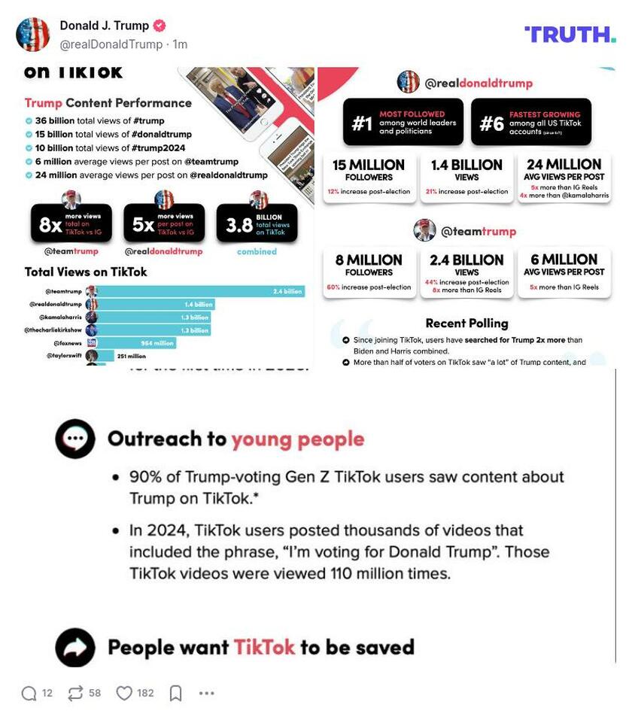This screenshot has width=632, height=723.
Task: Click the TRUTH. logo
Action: pos(570,34)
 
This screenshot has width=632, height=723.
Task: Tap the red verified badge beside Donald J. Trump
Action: pos(159,26)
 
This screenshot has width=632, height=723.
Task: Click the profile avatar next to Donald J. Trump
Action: pos(32,34)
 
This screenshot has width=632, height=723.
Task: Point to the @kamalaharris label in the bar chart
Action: pos(56,317)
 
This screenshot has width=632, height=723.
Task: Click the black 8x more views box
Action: pos(71,223)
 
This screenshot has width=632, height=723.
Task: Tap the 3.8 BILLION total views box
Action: pos(257,223)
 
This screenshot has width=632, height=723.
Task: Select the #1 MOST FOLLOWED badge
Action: pos(403,123)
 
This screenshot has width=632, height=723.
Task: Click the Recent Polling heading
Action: pos(466,324)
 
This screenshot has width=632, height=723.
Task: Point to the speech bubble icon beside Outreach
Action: pos(75,439)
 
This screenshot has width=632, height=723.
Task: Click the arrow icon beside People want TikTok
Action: pos(75,648)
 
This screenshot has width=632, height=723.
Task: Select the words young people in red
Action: pos(297,439)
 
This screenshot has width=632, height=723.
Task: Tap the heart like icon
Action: pos(124,693)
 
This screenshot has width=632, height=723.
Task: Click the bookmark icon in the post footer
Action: pos(175,693)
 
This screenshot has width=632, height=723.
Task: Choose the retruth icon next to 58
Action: pos(75,693)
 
